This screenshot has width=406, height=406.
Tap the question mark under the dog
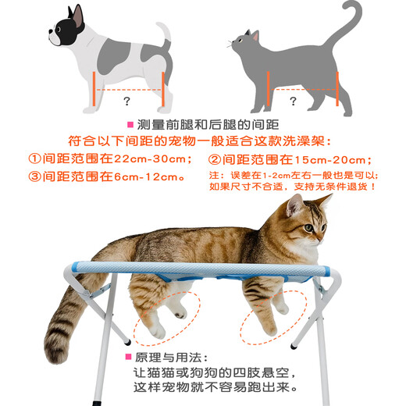pos(126,101)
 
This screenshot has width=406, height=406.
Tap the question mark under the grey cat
pos(293,101)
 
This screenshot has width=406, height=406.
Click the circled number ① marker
pos(34,158)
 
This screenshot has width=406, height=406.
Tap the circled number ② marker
pos(215,158)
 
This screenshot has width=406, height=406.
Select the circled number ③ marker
pos(34,176)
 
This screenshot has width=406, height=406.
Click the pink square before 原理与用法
pos(127,357)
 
